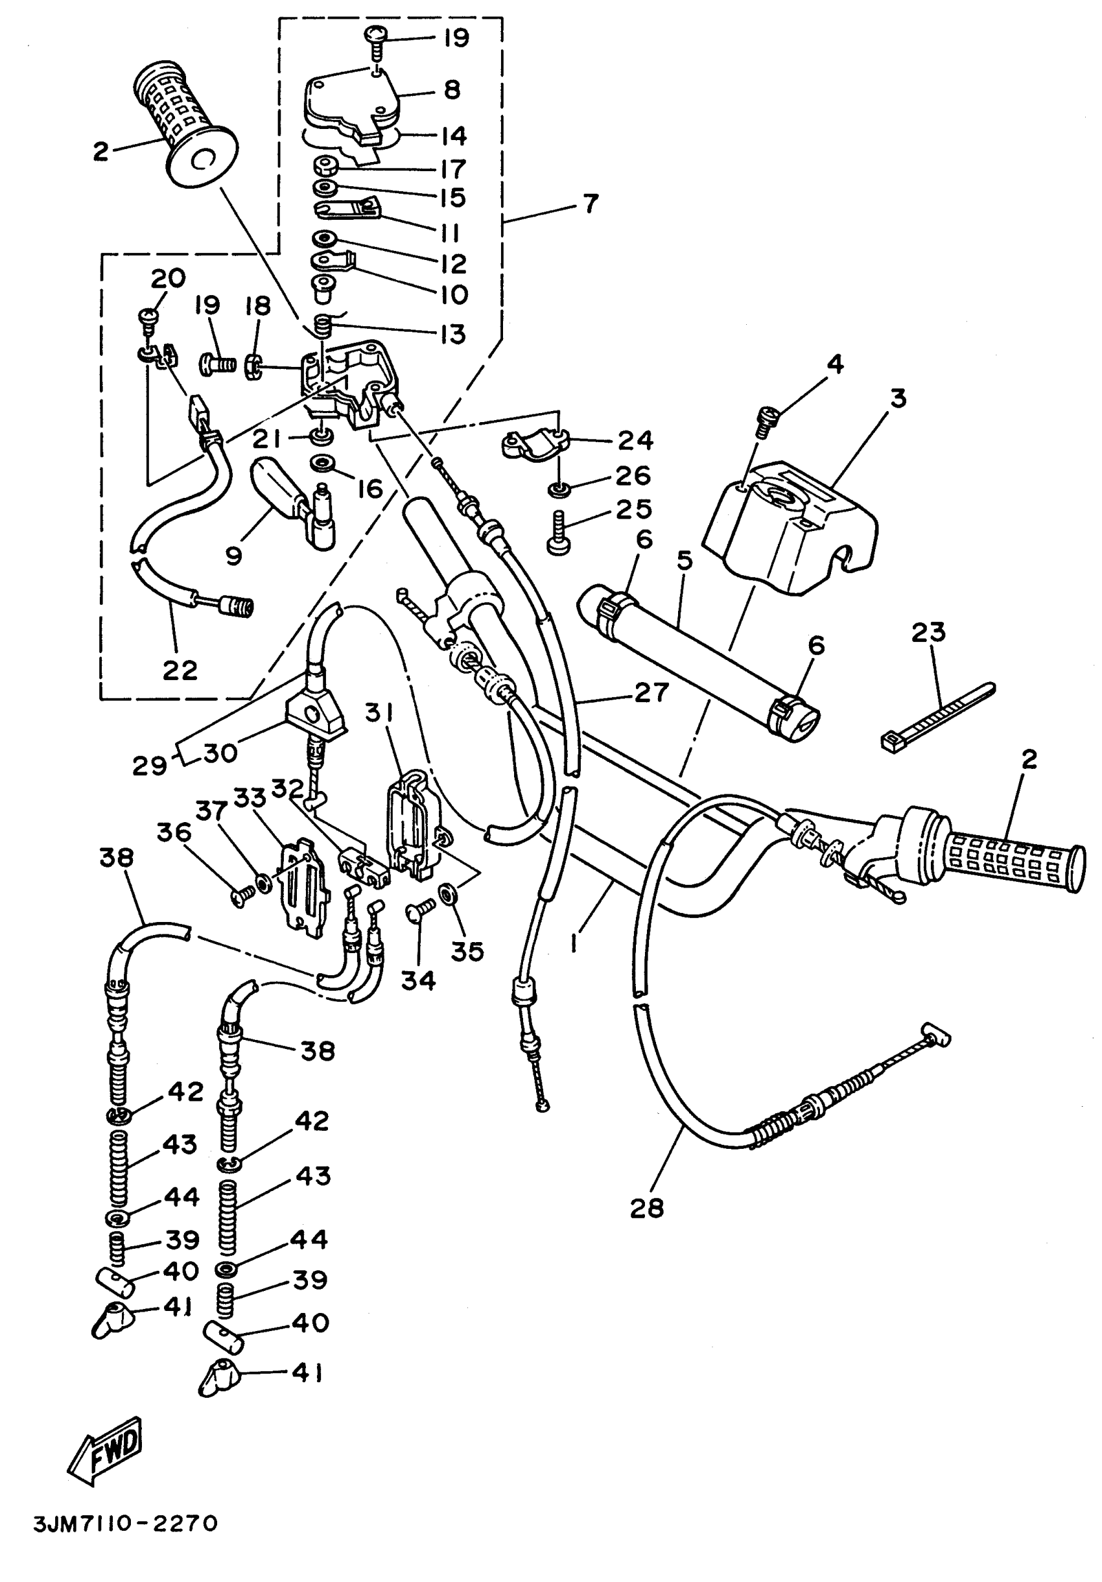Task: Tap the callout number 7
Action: [591, 204]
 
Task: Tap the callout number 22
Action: [180, 670]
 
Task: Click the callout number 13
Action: [452, 334]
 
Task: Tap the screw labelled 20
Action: [149, 318]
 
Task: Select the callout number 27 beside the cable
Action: [651, 692]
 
